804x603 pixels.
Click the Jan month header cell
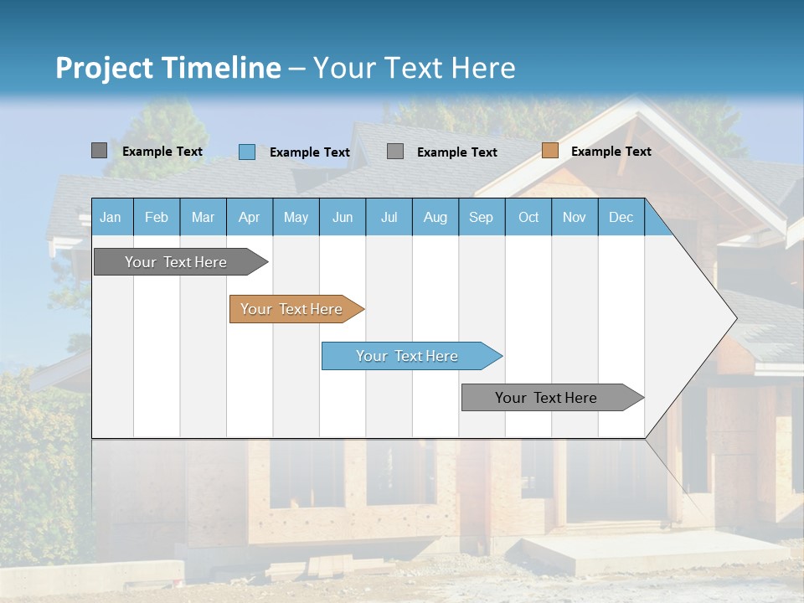[111, 217]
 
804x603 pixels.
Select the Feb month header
[157, 217]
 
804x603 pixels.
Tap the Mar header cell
[203, 217]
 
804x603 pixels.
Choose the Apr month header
[250, 217]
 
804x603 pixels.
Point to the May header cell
[296, 217]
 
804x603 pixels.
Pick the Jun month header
[343, 217]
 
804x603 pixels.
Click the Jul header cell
[389, 217]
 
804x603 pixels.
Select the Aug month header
[435, 217]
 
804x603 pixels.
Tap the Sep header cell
[482, 217]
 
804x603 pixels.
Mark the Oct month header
[528, 217]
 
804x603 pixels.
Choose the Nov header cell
[575, 217]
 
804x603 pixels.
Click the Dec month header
[621, 217]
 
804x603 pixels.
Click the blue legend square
[247, 152]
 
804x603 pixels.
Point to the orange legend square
[549, 151]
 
